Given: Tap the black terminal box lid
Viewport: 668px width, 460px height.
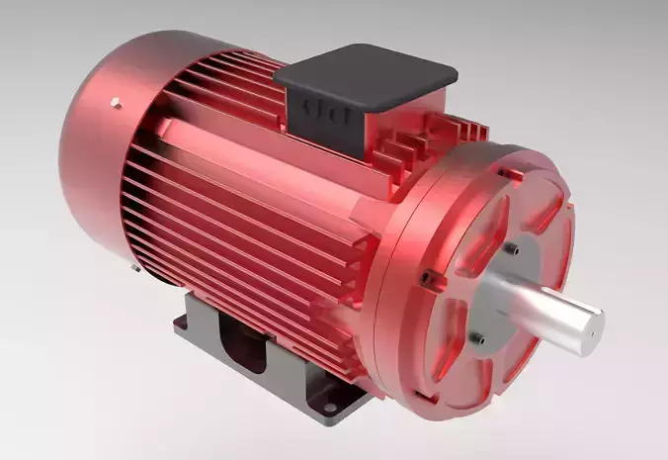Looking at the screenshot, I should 366,75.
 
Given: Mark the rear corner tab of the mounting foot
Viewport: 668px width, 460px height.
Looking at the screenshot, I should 188,324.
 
